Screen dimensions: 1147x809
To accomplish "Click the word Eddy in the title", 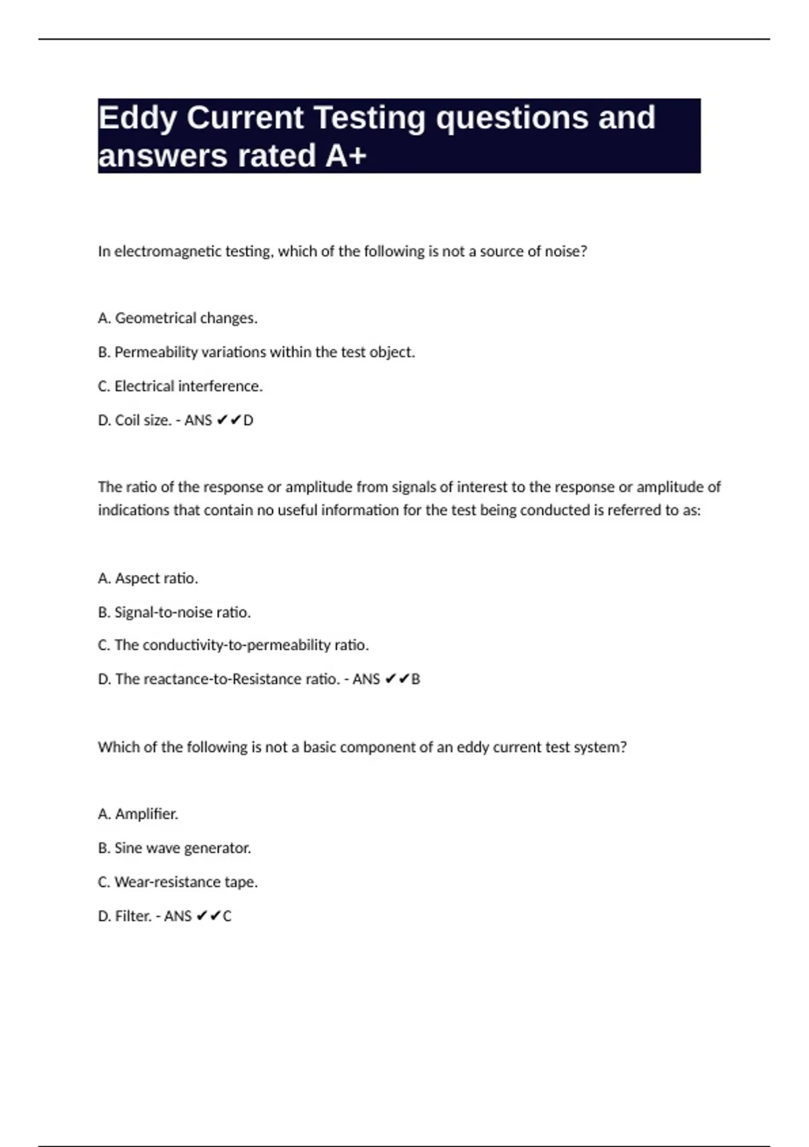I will tap(138, 119).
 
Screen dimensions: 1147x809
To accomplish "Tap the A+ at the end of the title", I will tap(346, 156).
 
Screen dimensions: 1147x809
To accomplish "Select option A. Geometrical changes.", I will tap(178, 318).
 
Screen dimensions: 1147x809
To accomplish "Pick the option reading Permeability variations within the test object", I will tap(256, 352).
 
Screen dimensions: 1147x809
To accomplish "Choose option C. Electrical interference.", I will tap(180, 386).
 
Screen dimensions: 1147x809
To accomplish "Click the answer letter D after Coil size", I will tap(248, 420).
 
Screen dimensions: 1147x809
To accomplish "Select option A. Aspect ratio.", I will tap(148, 578).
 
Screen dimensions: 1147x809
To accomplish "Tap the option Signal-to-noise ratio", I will tap(174, 612).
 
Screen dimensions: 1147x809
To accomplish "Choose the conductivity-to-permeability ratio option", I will tap(233, 645).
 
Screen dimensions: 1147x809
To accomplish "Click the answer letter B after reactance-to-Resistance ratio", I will tap(415, 679).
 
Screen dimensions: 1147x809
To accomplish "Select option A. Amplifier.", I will tap(138, 814).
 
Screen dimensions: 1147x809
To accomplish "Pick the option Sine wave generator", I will tap(174, 848).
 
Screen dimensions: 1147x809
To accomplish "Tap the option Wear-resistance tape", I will tap(178, 882).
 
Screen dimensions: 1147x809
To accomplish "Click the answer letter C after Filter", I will tap(227, 916).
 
